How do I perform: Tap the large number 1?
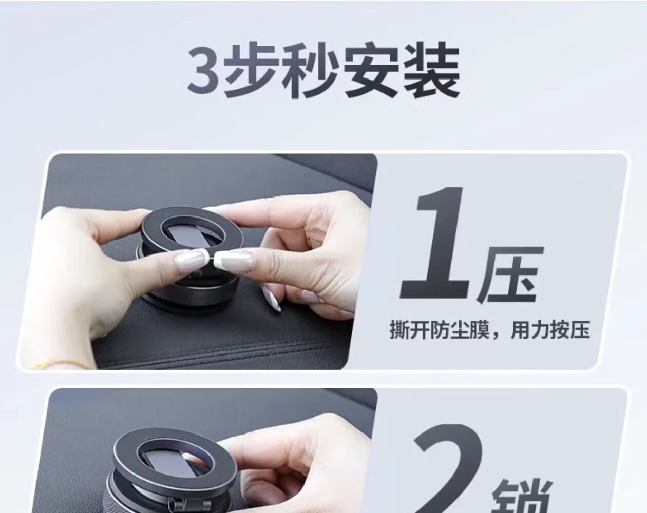(434, 243)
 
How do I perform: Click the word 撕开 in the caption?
(409, 330)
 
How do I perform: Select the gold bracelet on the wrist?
(60, 365)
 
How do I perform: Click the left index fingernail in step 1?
(189, 259)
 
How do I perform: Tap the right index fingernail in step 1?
(235, 260)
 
